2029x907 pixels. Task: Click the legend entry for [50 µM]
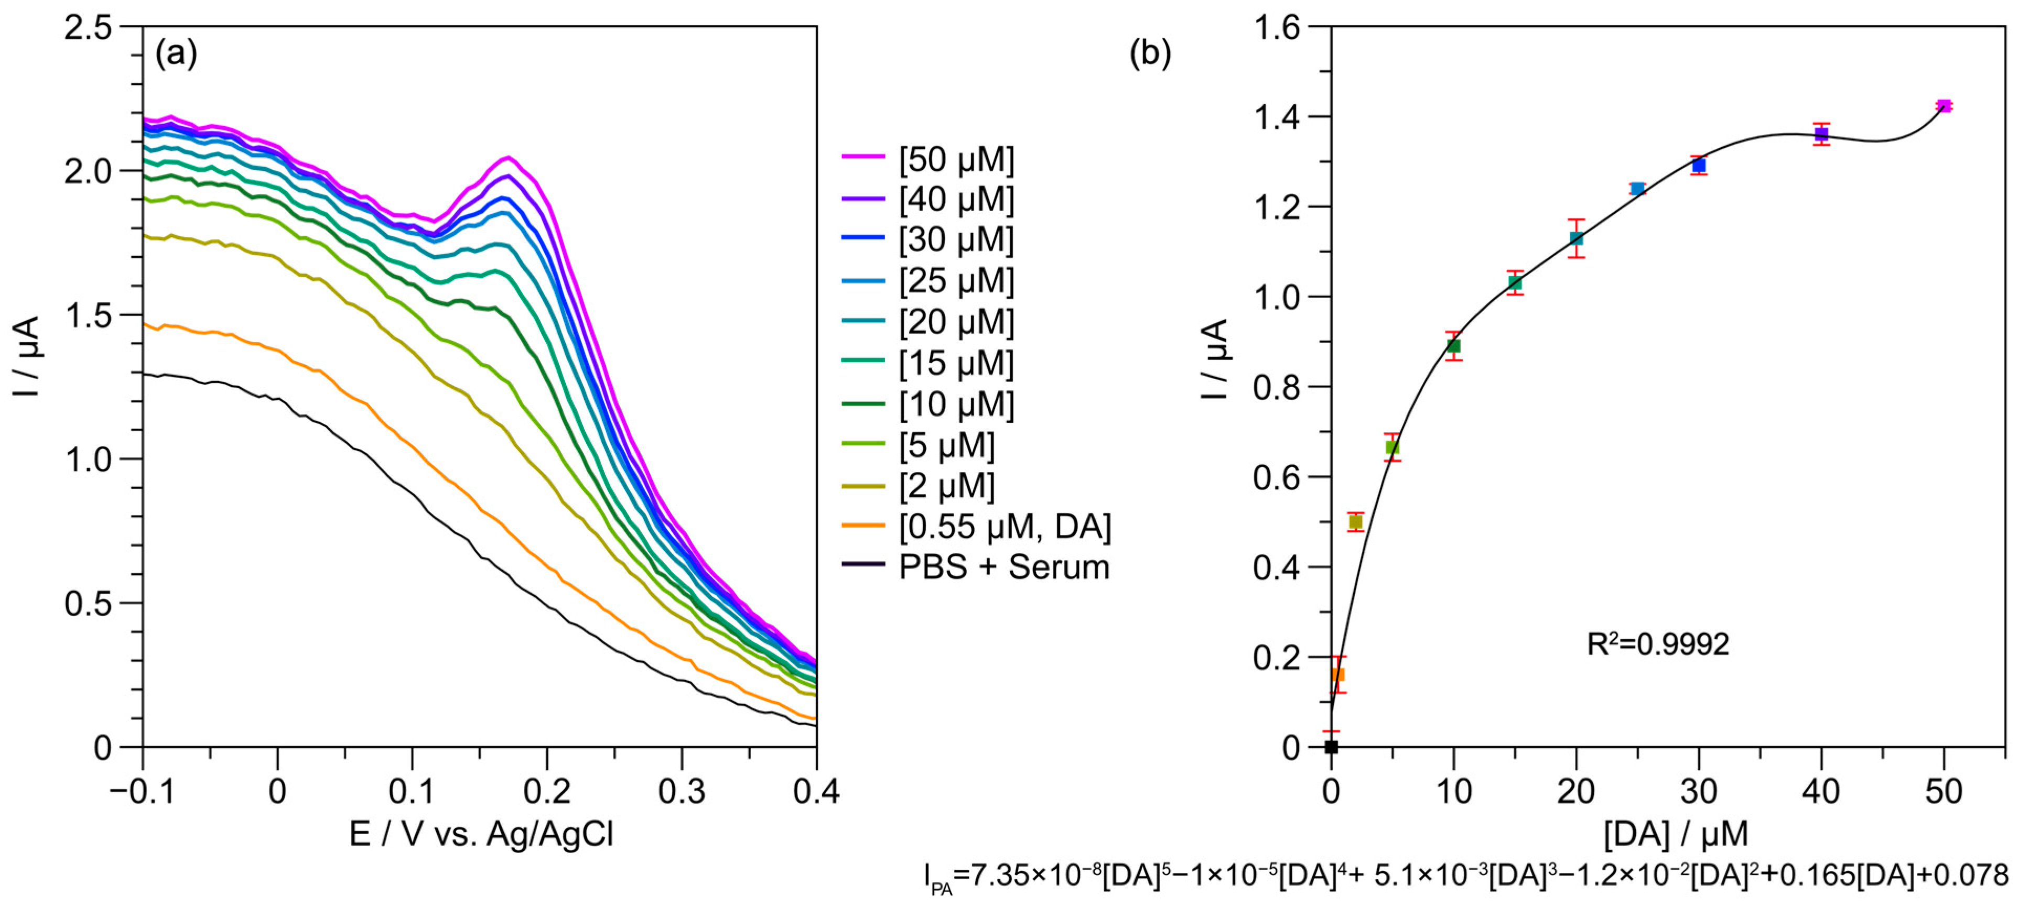click(x=956, y=159)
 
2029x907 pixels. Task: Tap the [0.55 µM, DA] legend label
click(x=1004, y=526)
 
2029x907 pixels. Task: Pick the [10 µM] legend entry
click(x=956, y=404)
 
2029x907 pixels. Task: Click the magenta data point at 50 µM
click(x=1943, y=105)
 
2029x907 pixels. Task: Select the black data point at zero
click(x=1331, y=746)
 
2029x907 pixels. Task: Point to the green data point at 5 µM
click(x=1393, y=447)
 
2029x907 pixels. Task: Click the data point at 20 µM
click(x=1576, y=238)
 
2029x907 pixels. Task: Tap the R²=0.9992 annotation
click(x=1657, y=644)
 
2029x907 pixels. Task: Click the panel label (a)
click(x=176, y=53)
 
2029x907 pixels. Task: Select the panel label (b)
click(x=1150, y=53)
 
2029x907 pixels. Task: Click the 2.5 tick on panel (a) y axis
click(x=88, y=28)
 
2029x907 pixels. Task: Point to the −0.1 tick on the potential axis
click(x=142, y=791)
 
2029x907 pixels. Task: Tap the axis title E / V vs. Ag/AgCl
click(x=481, y=834)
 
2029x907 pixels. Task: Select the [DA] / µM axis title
click(x=1675, y=834)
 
